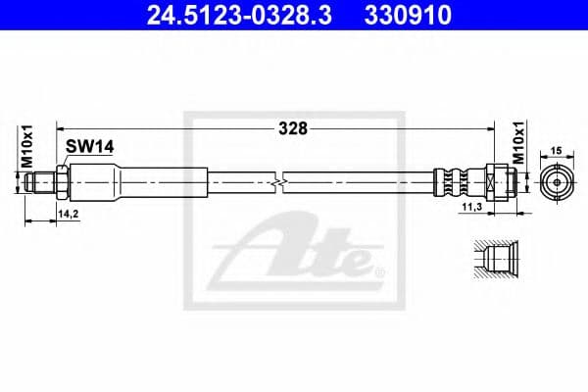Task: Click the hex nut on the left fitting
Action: pyautogui.click(x=62, y=181)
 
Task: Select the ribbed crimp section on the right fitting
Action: pyautogui.click(x=451, y=181)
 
